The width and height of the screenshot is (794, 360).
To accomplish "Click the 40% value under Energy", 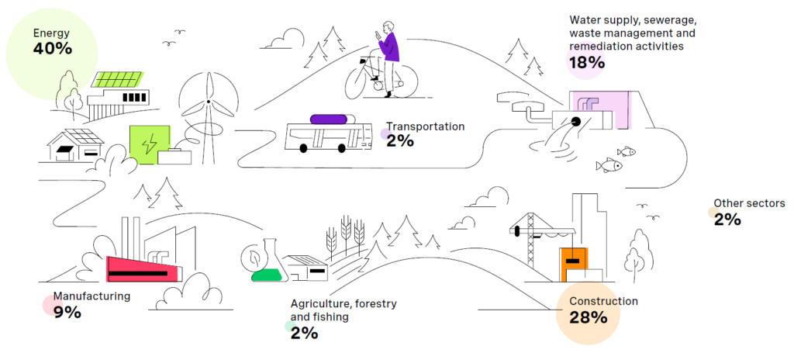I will click(x=52, y=49).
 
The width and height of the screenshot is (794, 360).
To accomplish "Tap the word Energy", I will click(x=51, y=33).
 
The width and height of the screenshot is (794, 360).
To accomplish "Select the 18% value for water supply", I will click(x=586, y=63).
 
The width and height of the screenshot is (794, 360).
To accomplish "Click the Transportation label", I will click(x=425, y=126).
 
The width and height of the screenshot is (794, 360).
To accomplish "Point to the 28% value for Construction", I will click(x=587, y=317).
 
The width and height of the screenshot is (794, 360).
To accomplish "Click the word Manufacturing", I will click(x=91, y=296).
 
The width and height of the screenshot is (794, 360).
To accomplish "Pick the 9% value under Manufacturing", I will click(x=67, y=312).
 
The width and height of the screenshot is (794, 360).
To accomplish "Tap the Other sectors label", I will click(x=749, y=203).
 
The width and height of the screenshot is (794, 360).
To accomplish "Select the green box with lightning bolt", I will click(x=149, y=144).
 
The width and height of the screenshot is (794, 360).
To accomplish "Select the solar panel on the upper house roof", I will click(x=117, y=79).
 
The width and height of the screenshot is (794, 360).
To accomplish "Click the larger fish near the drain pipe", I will click(x=609, y=164).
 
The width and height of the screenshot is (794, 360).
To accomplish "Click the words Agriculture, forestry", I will click(x=343, y=303).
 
